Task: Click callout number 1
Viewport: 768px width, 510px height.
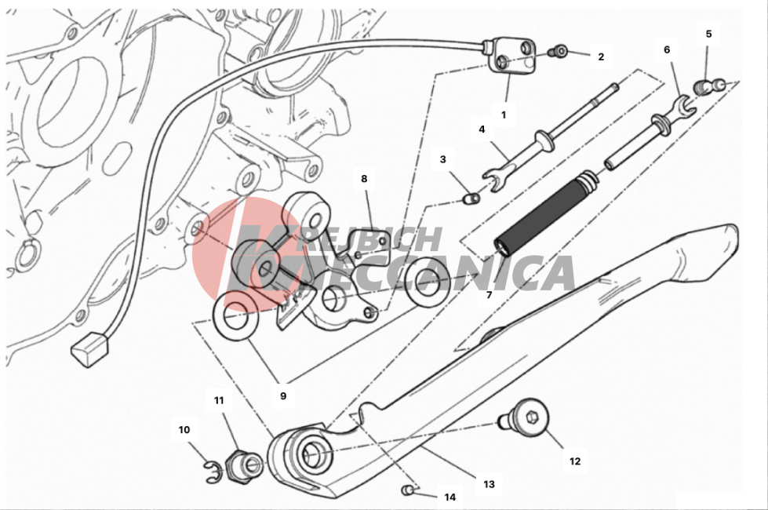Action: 504,115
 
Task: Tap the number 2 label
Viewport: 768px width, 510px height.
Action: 601,56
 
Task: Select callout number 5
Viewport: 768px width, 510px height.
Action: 708,34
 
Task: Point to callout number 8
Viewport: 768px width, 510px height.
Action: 364,179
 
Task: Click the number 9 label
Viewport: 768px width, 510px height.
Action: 283,396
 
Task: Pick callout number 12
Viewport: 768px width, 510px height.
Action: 575,461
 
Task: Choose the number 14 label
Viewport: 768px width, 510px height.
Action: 450,497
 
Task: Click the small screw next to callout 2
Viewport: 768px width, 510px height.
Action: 560,50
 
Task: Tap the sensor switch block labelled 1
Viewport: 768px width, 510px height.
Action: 511,56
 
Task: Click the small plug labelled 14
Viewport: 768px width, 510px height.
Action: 406,490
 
